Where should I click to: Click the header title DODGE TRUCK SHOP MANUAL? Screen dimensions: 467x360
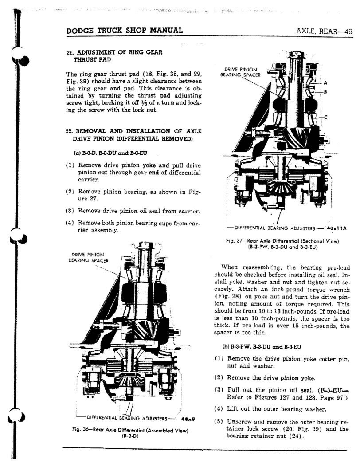pyautogui.click(x=124, y=30)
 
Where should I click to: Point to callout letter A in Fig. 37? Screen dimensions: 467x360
pyautogui.click(x=326, y=83)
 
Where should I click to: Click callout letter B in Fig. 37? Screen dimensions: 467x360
pyautogui.click(x=326, y=92)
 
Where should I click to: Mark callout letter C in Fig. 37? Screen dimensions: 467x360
pyautogui.click(x=326, y=117)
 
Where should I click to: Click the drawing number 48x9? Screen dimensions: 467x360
pyautogui.click(x=189, y=418)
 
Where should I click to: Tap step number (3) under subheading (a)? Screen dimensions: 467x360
pyautogui.click(x=70, y=211)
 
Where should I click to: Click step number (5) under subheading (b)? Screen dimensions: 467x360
pyautogui.click(x=219, y=421)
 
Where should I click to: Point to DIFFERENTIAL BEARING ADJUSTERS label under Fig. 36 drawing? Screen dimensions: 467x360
pyautogui.click(x=127, y=418)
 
